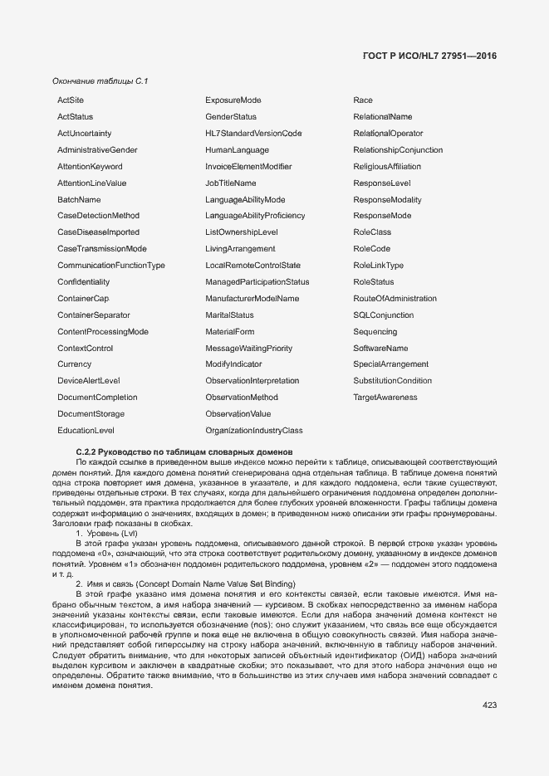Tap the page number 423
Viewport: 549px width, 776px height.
[489, 705]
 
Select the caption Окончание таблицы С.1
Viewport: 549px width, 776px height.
[99, 81]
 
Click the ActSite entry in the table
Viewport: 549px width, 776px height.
[71, 100]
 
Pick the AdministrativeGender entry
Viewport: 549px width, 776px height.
[97, 150]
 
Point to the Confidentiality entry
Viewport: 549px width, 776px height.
[83, 282]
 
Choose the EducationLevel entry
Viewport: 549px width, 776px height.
[86, 431]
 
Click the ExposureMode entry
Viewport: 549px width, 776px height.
[233, 100]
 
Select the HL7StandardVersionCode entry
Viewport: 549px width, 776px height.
[253, 134]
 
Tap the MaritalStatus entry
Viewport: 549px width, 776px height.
[229, 315]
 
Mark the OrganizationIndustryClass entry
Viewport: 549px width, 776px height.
[254, 431]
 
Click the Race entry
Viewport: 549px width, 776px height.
[363, 100]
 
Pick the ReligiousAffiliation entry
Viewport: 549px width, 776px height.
[387, 167]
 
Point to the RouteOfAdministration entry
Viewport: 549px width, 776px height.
[395, 299]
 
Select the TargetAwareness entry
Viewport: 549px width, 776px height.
[385, 398]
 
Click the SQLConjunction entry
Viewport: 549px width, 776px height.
[383, 315]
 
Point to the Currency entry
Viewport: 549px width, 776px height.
[74, 364]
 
